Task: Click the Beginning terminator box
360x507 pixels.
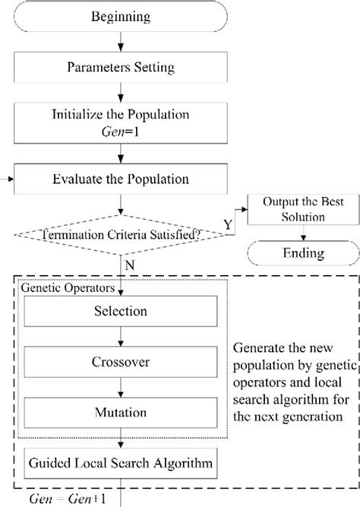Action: click(122, 16)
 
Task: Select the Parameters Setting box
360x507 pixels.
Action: click(122, 68)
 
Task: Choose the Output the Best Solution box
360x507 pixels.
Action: click(295, 210)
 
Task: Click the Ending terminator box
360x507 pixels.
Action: click(295, 252)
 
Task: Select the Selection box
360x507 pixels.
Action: click(121, 311)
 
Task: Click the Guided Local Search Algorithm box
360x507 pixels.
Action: click(121, 462)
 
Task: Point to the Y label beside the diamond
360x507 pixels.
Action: click(229, 227)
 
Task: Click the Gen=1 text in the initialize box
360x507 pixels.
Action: click(122, 134)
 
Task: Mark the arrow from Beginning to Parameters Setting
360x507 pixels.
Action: click(122, 40)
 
